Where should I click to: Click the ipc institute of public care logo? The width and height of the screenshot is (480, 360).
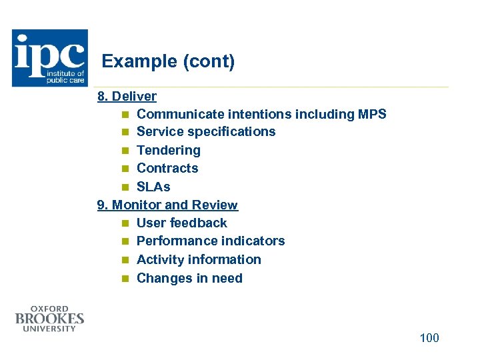50,58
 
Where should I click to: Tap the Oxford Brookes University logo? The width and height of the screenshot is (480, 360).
50,319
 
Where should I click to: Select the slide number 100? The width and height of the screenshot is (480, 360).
429,338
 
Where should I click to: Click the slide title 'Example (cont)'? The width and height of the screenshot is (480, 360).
168,62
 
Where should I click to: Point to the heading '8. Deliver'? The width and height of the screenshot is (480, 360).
127,96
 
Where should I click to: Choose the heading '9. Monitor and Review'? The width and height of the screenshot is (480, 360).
167,205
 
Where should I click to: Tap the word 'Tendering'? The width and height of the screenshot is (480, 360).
168,150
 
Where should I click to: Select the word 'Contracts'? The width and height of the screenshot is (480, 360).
167,168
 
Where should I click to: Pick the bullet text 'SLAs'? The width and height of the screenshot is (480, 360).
153,187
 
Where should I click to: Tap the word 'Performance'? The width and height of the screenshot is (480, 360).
177,241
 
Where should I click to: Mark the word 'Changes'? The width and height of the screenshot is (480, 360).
163,278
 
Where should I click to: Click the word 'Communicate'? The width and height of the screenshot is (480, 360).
179,114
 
